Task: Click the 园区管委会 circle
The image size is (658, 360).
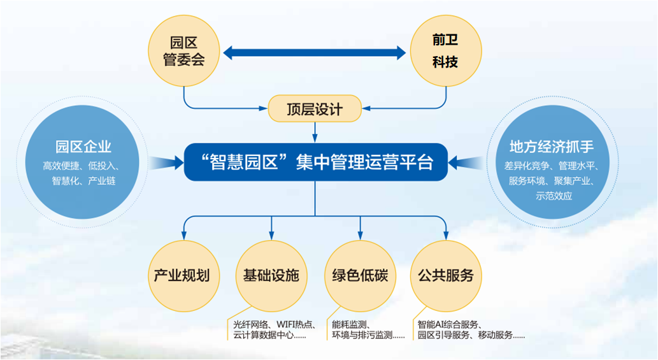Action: point(184,51)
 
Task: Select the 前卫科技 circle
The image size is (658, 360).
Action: point(446,51)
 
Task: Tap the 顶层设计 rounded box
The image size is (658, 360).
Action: point(315,109)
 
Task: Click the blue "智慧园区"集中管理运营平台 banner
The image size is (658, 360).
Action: point(316,162)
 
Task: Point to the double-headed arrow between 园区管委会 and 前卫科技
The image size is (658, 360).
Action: point(314,53)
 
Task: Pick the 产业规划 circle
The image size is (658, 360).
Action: point(184,276)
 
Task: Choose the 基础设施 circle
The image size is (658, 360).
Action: point(271,276)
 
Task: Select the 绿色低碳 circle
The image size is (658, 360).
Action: point(360,276)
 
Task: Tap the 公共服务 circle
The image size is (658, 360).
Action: point(446,276)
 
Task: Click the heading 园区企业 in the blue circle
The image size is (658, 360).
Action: point(83,147)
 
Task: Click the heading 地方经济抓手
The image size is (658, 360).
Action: point(552,147)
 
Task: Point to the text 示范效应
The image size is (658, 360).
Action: point(554,196)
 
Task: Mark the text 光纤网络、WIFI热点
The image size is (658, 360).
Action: point(274,324)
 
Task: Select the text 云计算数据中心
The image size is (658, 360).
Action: point(263,335)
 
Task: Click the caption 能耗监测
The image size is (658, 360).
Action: point(349,324)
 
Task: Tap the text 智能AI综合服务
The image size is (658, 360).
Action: point(448,324)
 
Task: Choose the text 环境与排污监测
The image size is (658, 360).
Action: point(362,335)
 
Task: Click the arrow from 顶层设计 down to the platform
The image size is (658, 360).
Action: point(315,132)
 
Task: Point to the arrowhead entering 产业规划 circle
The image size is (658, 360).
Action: point(184,236)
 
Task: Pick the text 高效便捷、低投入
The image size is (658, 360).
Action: point(80,166)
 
